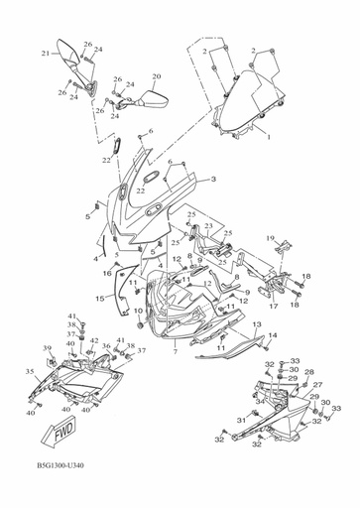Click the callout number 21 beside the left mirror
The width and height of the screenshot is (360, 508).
pyautogui.click(x=45, y=53)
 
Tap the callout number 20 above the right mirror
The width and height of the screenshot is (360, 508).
pyautogui.click(x=156, y=76)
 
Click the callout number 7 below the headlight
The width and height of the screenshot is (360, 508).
pyautogui.click(x=175, y=351)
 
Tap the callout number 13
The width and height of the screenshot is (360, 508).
pyautogui.click(x=255, y=324)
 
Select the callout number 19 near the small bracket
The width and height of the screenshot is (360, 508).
pyautogui.click(x=269, y=238)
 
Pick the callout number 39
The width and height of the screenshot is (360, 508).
pyautogui.click(x=46, y=347)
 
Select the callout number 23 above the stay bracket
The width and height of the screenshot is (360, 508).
pyautogui.click(x=208, y=225)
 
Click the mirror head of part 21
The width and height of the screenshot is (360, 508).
pyautogui.click(x=71, y=49)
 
